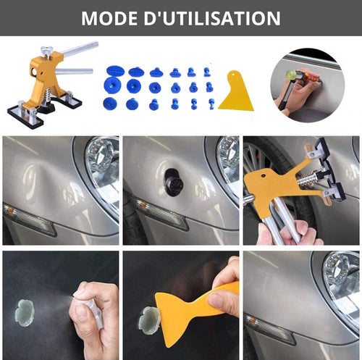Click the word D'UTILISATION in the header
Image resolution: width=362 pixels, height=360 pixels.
pos(216,17)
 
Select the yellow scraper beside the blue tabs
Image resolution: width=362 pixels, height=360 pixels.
pos(236,92)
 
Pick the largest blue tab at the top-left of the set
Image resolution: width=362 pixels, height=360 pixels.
pos(114,72)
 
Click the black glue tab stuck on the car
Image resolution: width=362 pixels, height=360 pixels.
pos(173,182)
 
